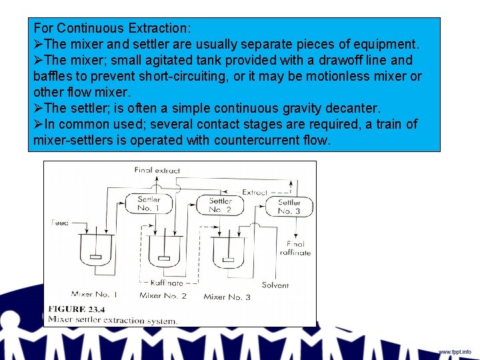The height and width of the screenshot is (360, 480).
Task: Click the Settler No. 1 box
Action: coord(149,204)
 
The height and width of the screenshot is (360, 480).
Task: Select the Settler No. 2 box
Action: coord(220,205)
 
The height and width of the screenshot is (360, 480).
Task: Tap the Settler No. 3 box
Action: coord(289,207)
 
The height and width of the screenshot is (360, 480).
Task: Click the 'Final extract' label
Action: coord(157,170)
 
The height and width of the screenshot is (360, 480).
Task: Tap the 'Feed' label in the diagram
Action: coord(59,222)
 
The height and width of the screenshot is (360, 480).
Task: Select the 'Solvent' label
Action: coord(275,285)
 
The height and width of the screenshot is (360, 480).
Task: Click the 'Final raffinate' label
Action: coord(295,248)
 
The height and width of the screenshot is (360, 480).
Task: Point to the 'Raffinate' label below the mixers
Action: coord(167,283)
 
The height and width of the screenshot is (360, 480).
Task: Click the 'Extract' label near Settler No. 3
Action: coord(255,192)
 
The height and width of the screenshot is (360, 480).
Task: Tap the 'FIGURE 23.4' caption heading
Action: coord(76,309)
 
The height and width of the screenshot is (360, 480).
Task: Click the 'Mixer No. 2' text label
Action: coord(163,295)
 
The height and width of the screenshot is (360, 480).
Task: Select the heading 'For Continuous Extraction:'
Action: coord(112,28)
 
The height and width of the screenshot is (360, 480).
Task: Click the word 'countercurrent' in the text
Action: coord(256,140)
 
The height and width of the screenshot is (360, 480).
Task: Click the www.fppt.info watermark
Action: coord(454,351)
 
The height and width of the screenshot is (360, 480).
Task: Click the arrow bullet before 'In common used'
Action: coord(38,124)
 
